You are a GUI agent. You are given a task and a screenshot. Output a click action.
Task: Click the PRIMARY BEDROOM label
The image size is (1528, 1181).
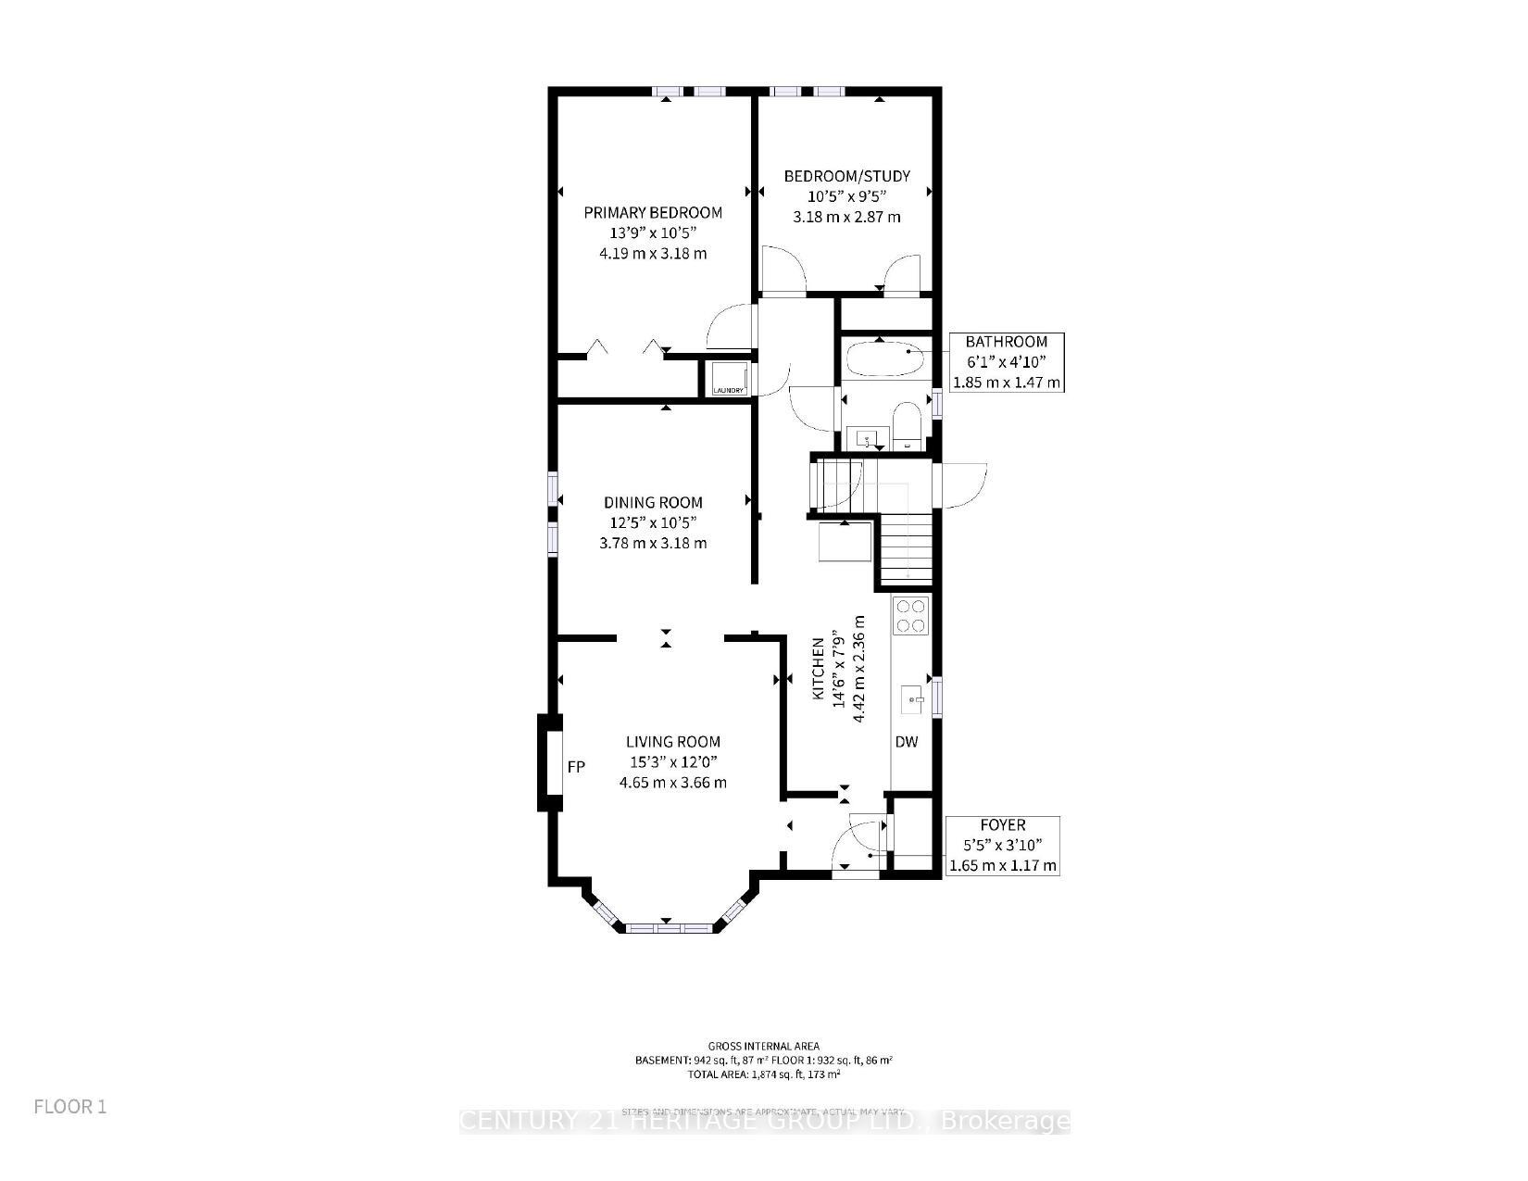coord(653,213)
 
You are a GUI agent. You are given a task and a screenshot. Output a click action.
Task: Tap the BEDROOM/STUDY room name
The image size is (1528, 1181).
coord(846,176)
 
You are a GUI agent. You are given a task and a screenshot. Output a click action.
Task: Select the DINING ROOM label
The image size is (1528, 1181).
coord(653,503)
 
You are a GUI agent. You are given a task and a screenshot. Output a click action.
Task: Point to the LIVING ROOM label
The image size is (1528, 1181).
coord(672,742)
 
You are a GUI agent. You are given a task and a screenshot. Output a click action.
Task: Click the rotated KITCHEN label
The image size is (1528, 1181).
coord(819,669)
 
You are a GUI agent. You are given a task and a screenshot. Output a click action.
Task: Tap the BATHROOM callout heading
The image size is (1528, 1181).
coord(1006,342)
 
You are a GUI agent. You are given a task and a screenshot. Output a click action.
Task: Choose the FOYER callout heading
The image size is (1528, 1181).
coord(1002,824)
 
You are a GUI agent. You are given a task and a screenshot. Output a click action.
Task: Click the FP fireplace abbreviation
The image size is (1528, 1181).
coord(576,767)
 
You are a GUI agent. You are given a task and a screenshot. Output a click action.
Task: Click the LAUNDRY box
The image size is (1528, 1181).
coord(729,379)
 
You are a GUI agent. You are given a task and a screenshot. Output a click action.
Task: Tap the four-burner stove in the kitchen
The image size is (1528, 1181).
coord(909,616)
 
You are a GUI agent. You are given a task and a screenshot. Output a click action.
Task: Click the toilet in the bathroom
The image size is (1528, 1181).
coord(906,424)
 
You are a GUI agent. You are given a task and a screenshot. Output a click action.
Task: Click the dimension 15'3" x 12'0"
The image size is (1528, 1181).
coord(672,762)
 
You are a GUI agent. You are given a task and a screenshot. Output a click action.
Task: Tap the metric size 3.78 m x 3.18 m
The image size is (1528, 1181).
coord(653,543)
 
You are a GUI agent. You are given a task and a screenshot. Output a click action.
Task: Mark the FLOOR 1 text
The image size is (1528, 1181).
coord(70,1107)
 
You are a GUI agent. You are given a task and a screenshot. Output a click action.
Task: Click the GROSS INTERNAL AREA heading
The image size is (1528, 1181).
coord(763,1047)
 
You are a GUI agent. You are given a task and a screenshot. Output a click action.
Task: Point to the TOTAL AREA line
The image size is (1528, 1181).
coord(763,1074)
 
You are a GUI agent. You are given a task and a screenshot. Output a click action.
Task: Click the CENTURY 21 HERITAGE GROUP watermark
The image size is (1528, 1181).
coord(764,1122)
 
